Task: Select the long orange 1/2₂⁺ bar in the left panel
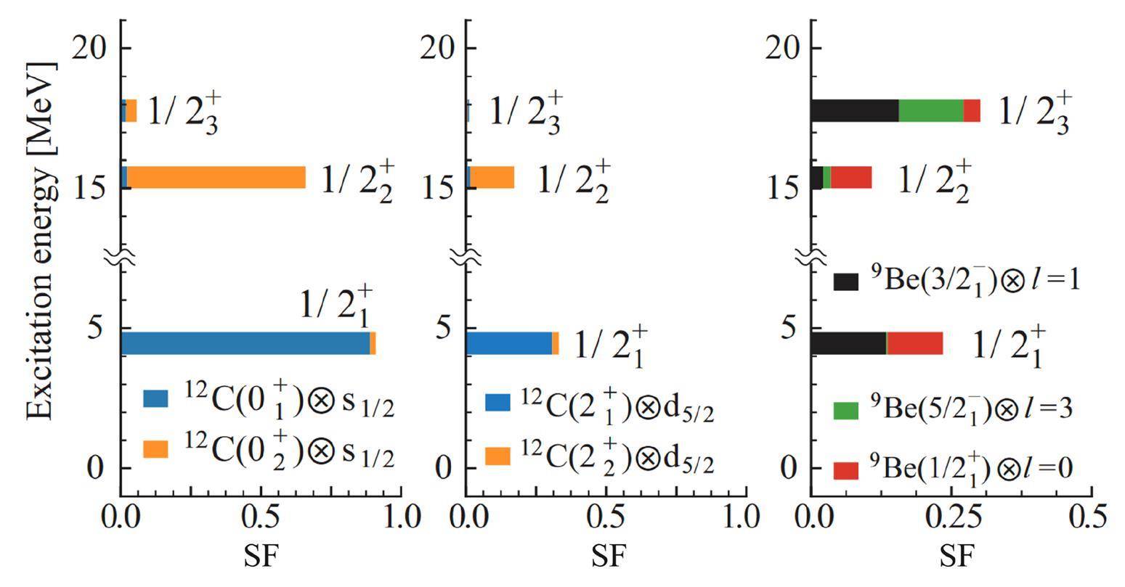click(x=216, y=177)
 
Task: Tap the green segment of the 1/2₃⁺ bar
click(x=930, y=110)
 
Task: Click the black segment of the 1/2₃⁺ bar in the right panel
click(x=854, y=110)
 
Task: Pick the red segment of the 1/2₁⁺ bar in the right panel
click(x=914, y=343)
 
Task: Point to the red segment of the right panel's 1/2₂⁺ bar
click(x=850, y=177)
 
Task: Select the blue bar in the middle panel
click(x=508, y=343)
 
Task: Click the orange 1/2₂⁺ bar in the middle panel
click(x=492, y=177)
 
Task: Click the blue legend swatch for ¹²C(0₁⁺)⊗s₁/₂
click(x=155, y=398)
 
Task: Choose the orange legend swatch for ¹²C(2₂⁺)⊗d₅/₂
click(x=497, y=456)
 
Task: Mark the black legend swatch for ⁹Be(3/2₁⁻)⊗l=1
click(x=846, y=282)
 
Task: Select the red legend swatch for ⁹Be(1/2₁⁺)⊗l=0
click(x=846, y=470)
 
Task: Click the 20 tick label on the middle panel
click(x=439, y=48)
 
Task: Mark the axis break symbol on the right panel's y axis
click(x=811, y=256)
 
